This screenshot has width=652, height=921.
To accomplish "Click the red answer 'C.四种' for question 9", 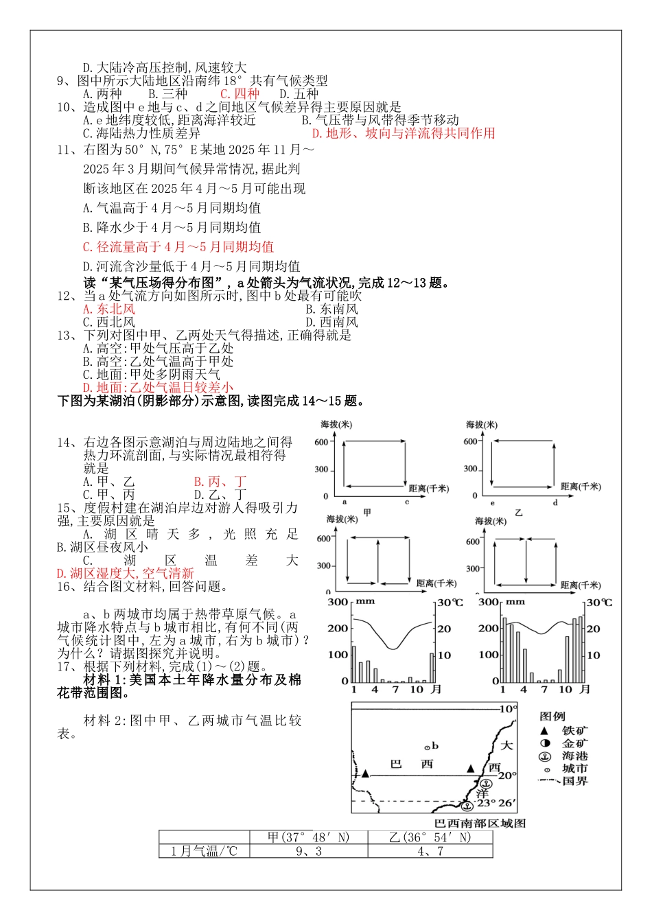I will point(240,94).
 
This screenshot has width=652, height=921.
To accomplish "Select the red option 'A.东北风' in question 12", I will point(109,309).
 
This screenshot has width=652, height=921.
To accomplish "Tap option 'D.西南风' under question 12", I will point(331,322).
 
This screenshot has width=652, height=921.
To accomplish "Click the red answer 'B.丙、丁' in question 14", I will point(220,482).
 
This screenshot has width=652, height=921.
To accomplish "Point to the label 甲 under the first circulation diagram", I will point(367,512).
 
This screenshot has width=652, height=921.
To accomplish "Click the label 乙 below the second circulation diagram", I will point(518,512).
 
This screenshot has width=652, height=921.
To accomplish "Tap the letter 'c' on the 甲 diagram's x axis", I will point(406,502).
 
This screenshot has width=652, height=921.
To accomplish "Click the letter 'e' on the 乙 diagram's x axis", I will point(492,502).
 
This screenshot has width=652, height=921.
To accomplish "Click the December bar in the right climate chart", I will point(581,649).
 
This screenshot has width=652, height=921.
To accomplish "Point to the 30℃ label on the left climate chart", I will point(450,603).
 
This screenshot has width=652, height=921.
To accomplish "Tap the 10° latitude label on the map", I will point(508,709).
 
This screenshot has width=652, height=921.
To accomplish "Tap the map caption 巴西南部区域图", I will point(480,823).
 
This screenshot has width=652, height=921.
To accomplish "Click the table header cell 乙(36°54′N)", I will point(430,837).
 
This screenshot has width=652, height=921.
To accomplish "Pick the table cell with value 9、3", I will point(308,852).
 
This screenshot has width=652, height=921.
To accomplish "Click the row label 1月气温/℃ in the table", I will point(204,852).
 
